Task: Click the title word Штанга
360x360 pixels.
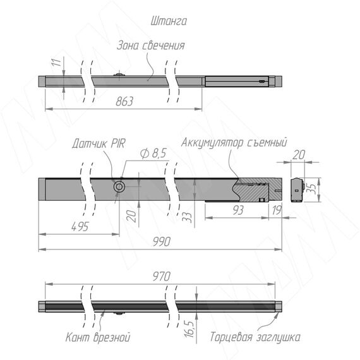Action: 169,21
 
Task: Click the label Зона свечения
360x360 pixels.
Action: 150,45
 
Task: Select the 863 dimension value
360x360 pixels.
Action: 124,101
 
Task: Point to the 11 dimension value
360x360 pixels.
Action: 56,63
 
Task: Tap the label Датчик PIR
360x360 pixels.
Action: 99,143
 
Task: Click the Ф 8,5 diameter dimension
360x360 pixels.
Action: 153,153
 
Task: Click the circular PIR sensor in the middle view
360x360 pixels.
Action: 119,187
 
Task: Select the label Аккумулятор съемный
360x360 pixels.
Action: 234,142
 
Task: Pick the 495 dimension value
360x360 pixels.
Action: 80,227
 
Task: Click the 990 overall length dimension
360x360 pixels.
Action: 162,242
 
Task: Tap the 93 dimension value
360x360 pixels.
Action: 238,210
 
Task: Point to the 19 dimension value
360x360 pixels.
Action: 277,210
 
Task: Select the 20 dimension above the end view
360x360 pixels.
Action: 299,155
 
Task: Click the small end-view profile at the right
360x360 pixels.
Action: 297,190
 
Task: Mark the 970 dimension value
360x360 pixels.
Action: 162,277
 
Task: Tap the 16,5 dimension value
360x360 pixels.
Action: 189,328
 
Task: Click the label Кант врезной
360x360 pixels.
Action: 98,337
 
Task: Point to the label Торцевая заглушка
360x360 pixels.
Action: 255,337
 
